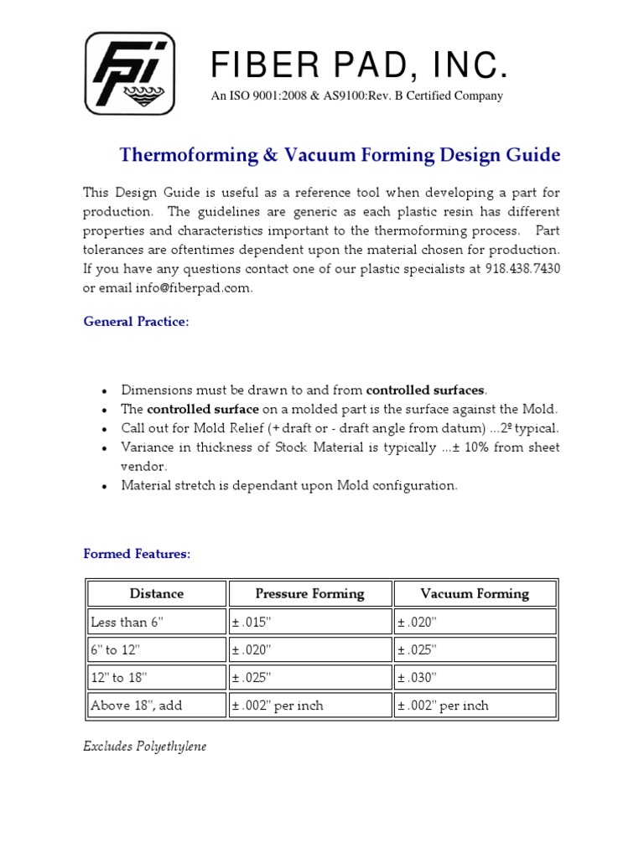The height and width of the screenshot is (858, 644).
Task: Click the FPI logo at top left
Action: click(130, 73)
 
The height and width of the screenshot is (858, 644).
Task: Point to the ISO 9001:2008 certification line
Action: click(356, 96)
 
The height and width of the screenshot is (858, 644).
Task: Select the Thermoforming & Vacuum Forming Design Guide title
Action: click(340, 155)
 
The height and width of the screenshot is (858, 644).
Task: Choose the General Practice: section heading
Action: click(136, 323)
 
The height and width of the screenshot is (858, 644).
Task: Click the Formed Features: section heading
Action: click(137, 554)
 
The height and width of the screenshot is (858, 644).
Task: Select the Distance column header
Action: click(156, 593)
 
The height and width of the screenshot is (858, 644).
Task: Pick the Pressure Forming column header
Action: click(309, 593)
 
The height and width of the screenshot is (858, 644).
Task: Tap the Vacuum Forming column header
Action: click(475, 593)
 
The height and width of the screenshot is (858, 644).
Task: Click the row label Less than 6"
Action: click(125, 622)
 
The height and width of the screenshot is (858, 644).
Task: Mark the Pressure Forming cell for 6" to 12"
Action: click(252, 649)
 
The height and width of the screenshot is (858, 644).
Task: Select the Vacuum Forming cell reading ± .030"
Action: click(418, 677)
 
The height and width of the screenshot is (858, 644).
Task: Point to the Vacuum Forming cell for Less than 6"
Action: click(418, 622)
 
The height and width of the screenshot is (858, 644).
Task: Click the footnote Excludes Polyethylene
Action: click(144, 746)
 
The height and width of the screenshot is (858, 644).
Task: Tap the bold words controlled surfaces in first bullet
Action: click(426, 390)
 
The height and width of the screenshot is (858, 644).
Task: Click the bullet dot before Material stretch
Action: click(103, 487)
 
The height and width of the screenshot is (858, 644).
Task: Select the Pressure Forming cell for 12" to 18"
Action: click(252, 677)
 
